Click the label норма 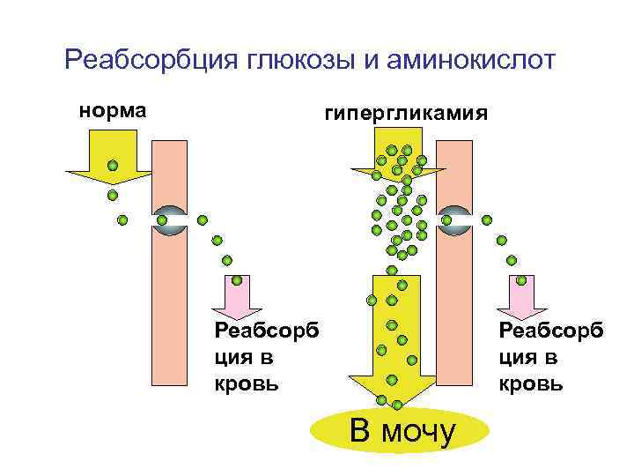point(113,111)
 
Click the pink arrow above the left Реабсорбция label point(237,294)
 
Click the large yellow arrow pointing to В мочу point(393,344)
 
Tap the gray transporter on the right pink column point(455,219)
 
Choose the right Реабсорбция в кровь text point(550,356)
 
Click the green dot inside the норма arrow point(113,165)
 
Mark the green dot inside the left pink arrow point(237,281)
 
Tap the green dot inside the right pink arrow point(521,281)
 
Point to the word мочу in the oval point(424,432)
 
